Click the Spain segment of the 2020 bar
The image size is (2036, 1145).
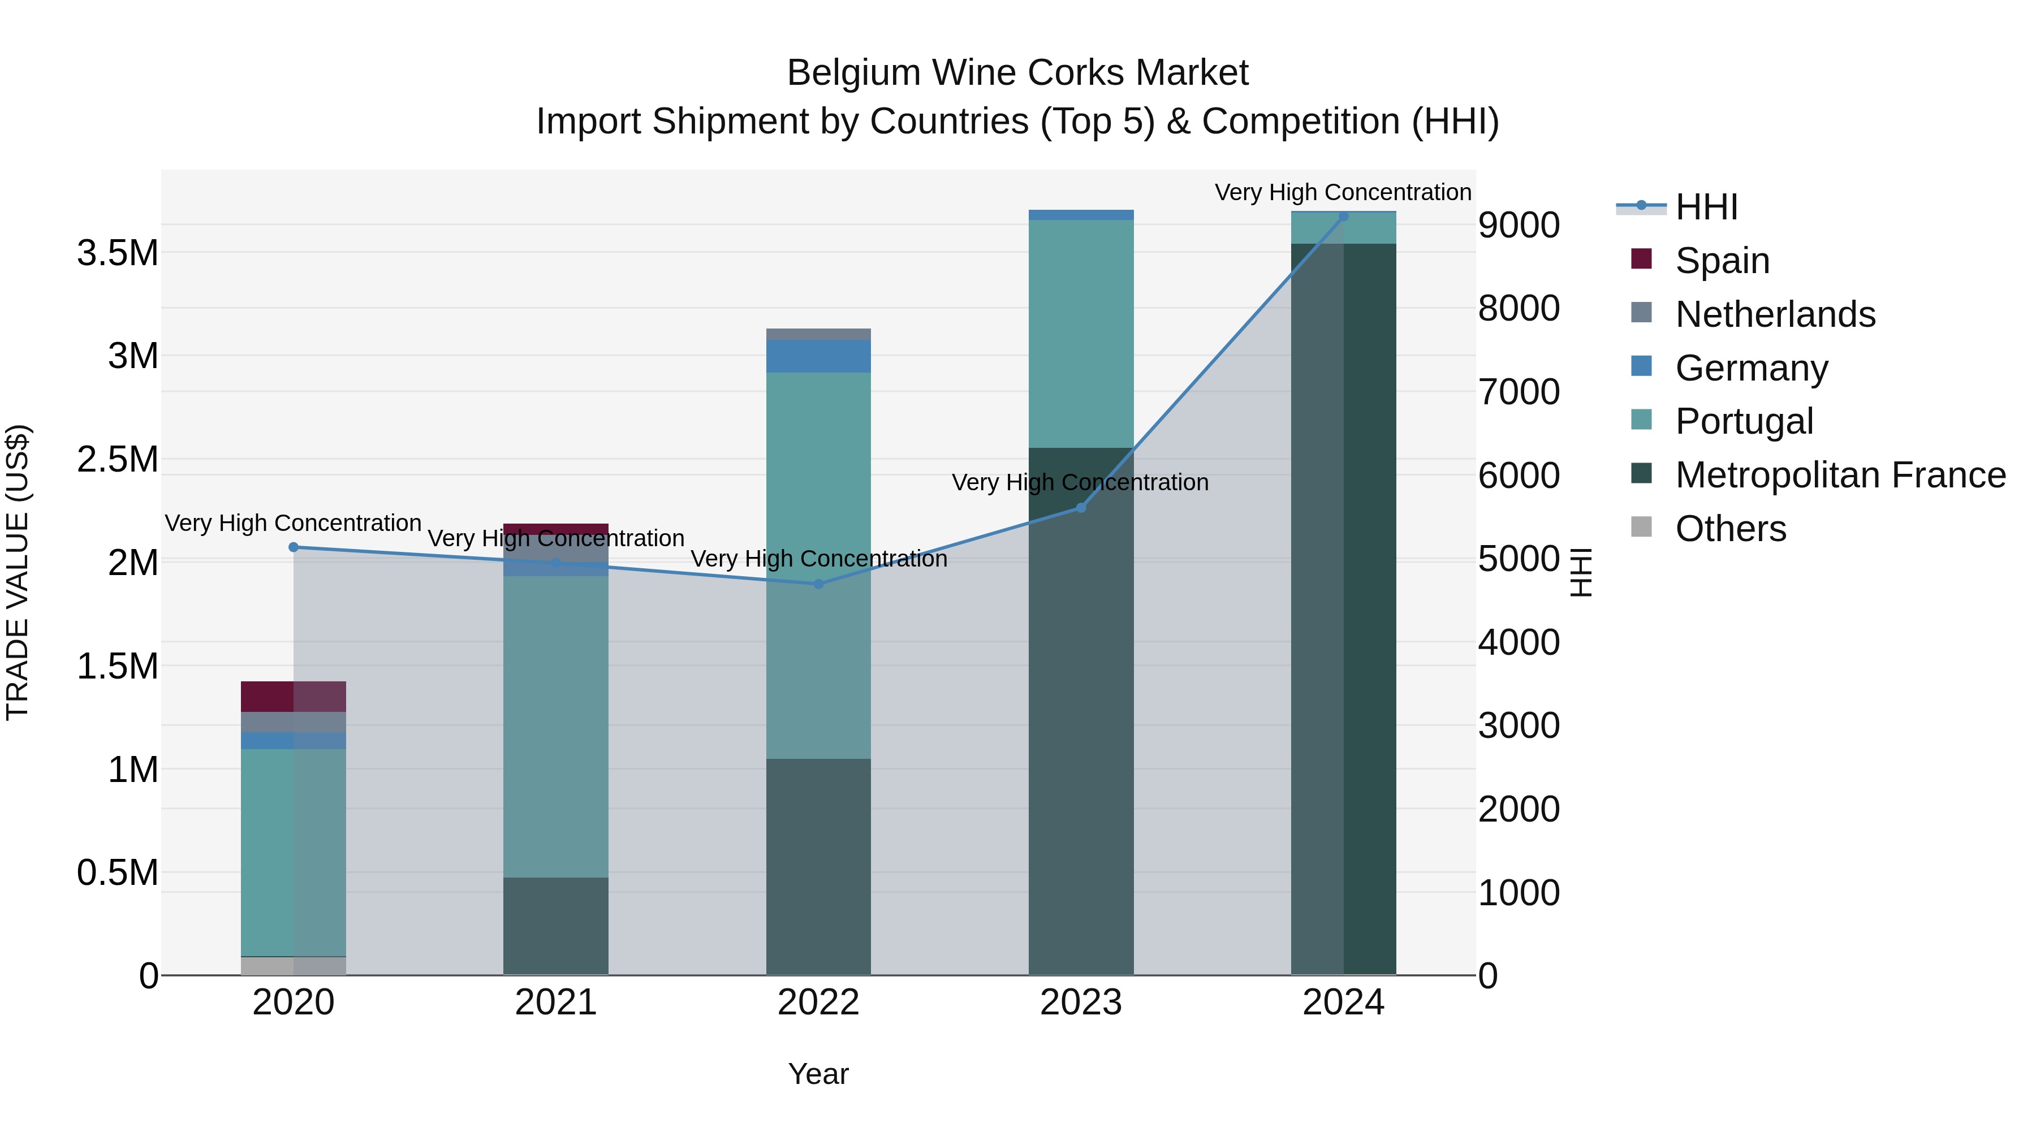[293, 696]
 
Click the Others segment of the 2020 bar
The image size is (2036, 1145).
[293, 966]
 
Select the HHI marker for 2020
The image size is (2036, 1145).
[293, 547]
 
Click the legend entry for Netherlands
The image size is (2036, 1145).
[1774, 314]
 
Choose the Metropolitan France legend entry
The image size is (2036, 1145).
[1840, 475]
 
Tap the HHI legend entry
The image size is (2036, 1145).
[1706, 207]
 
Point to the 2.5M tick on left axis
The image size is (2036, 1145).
[118, 460]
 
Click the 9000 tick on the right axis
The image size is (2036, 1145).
[1519, 225]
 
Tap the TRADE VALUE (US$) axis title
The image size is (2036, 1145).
[18, 572]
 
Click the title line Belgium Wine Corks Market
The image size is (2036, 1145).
[1017, 73]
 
